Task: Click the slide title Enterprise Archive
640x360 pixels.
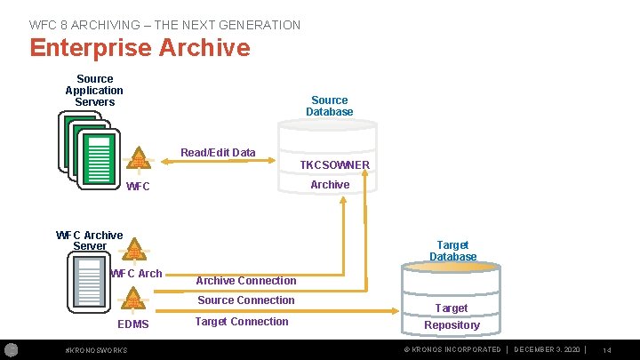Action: point(140,47)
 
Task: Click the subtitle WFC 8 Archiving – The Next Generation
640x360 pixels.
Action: point(164,25)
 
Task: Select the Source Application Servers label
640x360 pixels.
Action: point(94,91)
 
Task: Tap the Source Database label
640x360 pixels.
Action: point(330,106)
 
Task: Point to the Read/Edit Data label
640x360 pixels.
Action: point(218,153)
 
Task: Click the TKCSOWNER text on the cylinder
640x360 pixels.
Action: point(334,165)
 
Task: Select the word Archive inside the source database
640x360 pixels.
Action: point(330,185)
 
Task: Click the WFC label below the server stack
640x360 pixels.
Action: point(139,187)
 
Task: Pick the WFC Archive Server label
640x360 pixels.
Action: point(89,240)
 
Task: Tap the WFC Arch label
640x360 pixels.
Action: point(136,274)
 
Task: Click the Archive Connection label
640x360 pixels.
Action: point(246,281)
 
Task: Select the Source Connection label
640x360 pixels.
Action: point(245,300)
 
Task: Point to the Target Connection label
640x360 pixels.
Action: point(242,322)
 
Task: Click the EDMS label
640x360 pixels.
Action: point(133,325)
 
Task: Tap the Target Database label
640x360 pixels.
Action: point(453,251)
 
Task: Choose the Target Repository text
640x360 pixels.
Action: point(452,316)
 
